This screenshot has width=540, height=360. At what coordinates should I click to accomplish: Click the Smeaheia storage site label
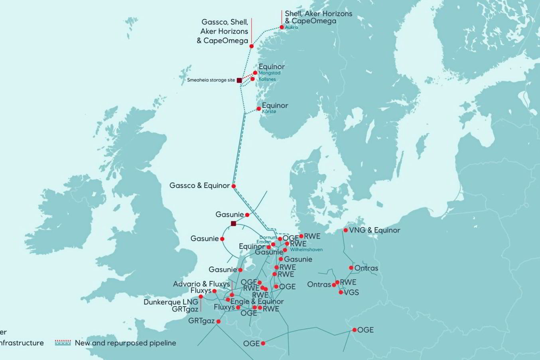pos(211,80)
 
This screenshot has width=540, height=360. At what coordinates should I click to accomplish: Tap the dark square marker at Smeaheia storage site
pos(239,80)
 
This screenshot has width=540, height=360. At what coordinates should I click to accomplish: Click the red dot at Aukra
pos(282,27)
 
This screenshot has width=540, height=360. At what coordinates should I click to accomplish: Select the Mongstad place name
pos(270,73)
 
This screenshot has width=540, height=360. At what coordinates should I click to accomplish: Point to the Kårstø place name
pos(269,112)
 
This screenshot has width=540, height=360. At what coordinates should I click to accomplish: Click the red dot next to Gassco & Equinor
pos(234,186)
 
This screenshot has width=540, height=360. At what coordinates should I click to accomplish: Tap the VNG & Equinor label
pos(374,230)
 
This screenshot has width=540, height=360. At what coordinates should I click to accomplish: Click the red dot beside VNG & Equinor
pos(345,230)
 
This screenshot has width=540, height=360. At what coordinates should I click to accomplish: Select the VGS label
pos(351,292)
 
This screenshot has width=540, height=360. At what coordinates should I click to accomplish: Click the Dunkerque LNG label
pos(171,302)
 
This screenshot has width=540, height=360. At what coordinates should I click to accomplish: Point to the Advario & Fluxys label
pos(201,284)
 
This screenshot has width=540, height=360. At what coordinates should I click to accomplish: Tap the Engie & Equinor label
pos(257,301)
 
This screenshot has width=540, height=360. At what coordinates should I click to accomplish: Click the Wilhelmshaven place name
pos(306,250)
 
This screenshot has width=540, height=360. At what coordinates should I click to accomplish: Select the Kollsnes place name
pos(267,79)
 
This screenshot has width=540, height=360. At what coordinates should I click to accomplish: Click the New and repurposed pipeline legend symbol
pos(63,343)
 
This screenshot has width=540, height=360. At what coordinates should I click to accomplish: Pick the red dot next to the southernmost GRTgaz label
pos(218,321)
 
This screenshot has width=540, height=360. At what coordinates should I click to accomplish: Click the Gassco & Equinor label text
pos(199,185)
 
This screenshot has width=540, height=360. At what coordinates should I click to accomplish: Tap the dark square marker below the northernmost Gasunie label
pos(234,224)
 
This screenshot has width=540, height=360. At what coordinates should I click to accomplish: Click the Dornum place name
pos(268,238)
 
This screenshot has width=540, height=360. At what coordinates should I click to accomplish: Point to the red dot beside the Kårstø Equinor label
pos(258,108)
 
